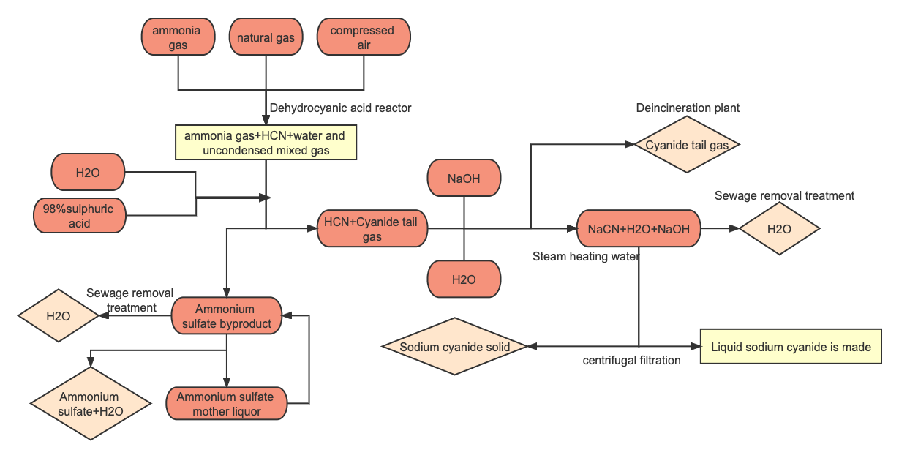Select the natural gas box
tap(266, 37)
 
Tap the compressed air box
tap(363, 37)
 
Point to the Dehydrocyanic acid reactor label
tap(340, 108)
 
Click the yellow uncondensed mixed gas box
tap(266, 143)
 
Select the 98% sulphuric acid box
tap(79, 216)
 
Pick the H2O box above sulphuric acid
tap(88, 173)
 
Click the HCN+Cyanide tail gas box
tap(372, 229)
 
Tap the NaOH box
tap(464, 179)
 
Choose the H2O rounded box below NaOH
tap(464, 279)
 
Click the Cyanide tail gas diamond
tap(687, 145)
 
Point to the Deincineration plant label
tap(687, 108)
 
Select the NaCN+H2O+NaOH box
tap(639, 229)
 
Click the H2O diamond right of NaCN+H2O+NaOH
tap(779, 229)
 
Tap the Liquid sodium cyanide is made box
tap(791, 347)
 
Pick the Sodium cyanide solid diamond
tap(454, 347)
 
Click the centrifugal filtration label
tap(631, 361)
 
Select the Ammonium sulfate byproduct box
tap(226, 316)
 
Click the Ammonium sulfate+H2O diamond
tap(90, 404)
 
